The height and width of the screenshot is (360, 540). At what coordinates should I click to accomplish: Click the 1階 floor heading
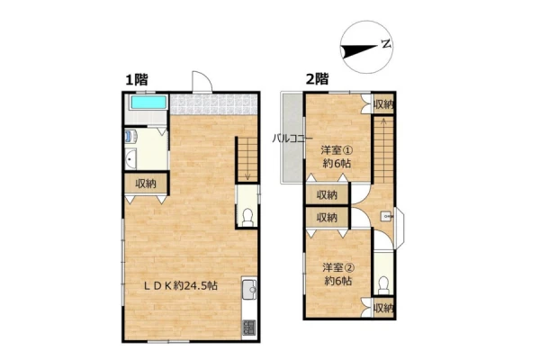coord(137,80)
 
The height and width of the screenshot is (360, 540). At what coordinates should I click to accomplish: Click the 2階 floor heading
coord(317,79)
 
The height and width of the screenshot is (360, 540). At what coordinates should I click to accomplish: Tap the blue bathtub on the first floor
coord(148,103)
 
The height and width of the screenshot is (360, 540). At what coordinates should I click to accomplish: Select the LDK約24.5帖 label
coord(181,285)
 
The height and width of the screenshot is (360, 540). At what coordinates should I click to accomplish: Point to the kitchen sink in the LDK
coord(249,290)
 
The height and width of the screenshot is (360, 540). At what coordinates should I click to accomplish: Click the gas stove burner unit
coord(249,328)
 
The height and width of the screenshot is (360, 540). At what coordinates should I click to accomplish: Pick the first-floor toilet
coord(247,218)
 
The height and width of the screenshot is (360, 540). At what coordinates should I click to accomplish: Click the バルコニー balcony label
coord(292,139)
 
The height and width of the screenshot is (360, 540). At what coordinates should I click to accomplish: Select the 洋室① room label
coord(337,150)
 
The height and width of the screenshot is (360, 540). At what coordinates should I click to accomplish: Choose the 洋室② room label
coord(338,267)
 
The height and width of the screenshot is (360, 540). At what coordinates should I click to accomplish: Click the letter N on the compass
coord(386,44)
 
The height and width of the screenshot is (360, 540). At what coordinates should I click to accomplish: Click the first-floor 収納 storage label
coord(146,184)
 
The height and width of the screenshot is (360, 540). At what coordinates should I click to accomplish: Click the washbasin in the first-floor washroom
coord(130,159)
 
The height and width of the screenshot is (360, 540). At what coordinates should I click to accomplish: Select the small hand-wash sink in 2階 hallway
coord(387,216)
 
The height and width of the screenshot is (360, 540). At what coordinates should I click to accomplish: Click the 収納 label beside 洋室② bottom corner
coord(383,309)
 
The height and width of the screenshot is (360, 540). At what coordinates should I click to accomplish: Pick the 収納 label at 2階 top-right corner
coord(383,104)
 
